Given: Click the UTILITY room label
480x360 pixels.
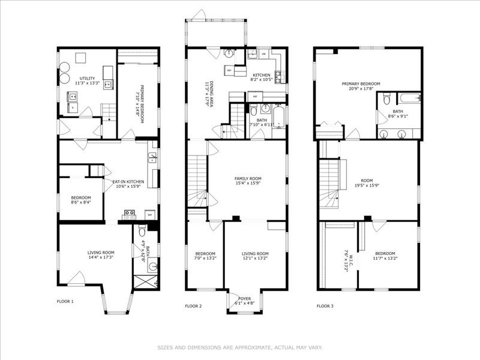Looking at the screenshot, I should [x=86, y=79].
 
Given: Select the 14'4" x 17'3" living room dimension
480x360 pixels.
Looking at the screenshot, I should [x=100, y=257].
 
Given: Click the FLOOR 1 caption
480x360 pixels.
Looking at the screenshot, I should [x=65, y=301].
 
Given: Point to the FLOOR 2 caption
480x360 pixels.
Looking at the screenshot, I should [x=193, y=306].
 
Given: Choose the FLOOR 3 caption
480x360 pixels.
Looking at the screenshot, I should [x=325, y=306].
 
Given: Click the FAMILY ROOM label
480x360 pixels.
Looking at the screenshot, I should [x=247, y=178].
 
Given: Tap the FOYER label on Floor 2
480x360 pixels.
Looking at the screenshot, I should [x=245, y=298].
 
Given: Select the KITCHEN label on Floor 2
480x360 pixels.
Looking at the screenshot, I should [x=261, y=74].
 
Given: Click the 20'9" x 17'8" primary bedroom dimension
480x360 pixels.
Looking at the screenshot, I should [x=361, y=89].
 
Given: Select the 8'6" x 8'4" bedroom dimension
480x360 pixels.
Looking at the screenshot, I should [x=80, y=202].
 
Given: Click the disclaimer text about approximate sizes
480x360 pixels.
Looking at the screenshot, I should [x=240, y=347].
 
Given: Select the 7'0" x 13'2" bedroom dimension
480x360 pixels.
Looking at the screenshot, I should [x=205, y=259].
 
